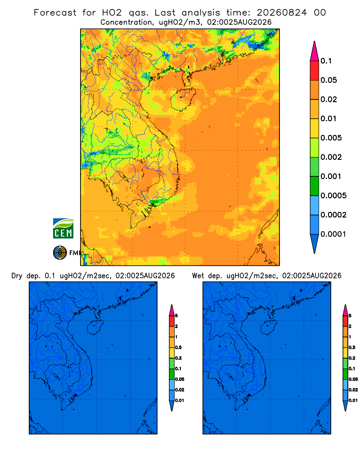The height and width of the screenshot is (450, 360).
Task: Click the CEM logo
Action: (63, 229)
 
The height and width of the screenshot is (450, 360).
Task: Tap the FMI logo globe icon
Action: (60, 253)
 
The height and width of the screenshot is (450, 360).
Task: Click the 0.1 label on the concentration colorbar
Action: (326, 61)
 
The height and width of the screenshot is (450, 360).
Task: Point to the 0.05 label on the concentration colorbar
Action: (328, 80)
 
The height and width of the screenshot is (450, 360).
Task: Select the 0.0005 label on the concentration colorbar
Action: (333, 196)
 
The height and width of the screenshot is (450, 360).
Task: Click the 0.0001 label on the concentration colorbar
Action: (333, 234)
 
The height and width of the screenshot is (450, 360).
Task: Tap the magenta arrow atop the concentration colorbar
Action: (315, 51)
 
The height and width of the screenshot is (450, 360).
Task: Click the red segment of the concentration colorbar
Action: (315, 71)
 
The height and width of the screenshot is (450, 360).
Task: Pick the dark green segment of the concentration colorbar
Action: (315, 186)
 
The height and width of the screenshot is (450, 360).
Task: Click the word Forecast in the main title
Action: (55, 13)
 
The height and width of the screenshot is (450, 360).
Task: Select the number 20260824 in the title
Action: (282, 13)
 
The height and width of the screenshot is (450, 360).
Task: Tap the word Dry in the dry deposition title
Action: (17, 276)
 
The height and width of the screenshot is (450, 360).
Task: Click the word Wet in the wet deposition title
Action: (198, 276)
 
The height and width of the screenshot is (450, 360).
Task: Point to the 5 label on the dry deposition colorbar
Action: (176, 316)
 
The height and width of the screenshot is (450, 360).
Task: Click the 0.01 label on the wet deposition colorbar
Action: (353, 400)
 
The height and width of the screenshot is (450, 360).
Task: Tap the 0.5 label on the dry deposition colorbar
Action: (178, 347)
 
